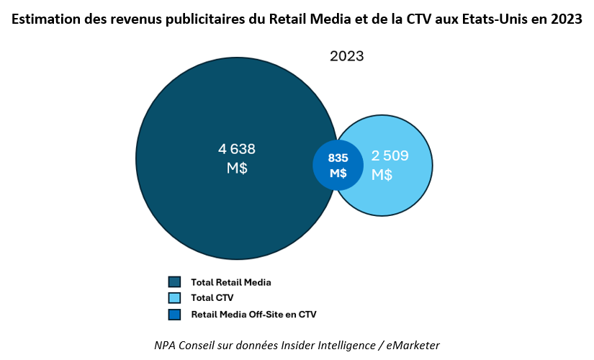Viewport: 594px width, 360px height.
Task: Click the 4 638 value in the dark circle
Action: click(237, 149)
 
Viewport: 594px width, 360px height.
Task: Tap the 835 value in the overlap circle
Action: click(338, 158)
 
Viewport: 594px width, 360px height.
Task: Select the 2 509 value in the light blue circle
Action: click(390, 155)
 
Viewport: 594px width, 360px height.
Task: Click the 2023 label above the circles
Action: click(347, 56)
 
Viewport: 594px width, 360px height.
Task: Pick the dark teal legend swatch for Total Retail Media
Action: click(174, 282)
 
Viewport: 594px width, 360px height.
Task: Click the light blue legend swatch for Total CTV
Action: click(174, 298)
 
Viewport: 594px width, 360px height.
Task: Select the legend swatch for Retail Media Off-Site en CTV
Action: click(174, 315)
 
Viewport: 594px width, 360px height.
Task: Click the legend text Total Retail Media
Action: click(230, 282)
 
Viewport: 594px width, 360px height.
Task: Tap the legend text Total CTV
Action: click(212, 298)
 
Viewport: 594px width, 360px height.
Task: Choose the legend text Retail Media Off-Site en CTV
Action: click(253, 315)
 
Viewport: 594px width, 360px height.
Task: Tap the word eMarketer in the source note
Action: click(410, 345)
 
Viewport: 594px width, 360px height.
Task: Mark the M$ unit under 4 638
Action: click(237, 168)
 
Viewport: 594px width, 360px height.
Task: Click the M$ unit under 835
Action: click(338, 174)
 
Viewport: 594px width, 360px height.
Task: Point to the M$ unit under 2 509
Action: click(382, 174)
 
